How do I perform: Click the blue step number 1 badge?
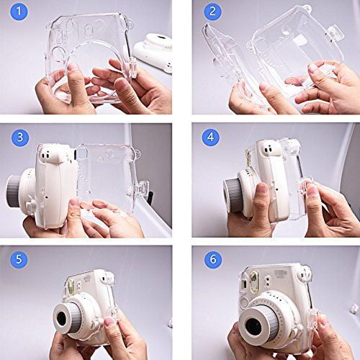[x=19, y=12]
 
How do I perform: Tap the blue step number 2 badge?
[x=212, y=12]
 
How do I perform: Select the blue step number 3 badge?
[x=20, y=138]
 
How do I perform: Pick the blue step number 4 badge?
[x=210, y=137]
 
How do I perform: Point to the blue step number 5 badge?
[x=19, y=259]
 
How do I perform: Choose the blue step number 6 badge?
[x=213, y=259]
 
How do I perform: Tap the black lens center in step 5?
[x=62, y=319]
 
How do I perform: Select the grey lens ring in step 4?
[x=233, y=195]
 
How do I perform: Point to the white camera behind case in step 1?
[x=153, y=52]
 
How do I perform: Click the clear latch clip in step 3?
[x=141, y=189]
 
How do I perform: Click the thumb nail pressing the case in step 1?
[x=73, y=67]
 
